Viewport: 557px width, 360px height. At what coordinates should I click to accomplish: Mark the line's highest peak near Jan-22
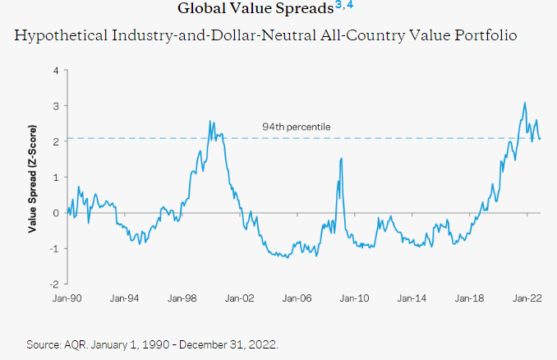click(525, 104)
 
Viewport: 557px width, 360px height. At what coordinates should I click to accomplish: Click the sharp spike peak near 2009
click(340, 159)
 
